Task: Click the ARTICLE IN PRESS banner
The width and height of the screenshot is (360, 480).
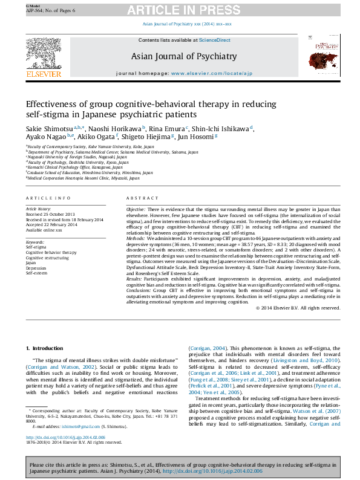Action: click(x=179, y=11)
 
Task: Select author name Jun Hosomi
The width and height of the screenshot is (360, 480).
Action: click(x=197, y=138)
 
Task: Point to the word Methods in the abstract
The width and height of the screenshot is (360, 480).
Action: click(x=136, y=239)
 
